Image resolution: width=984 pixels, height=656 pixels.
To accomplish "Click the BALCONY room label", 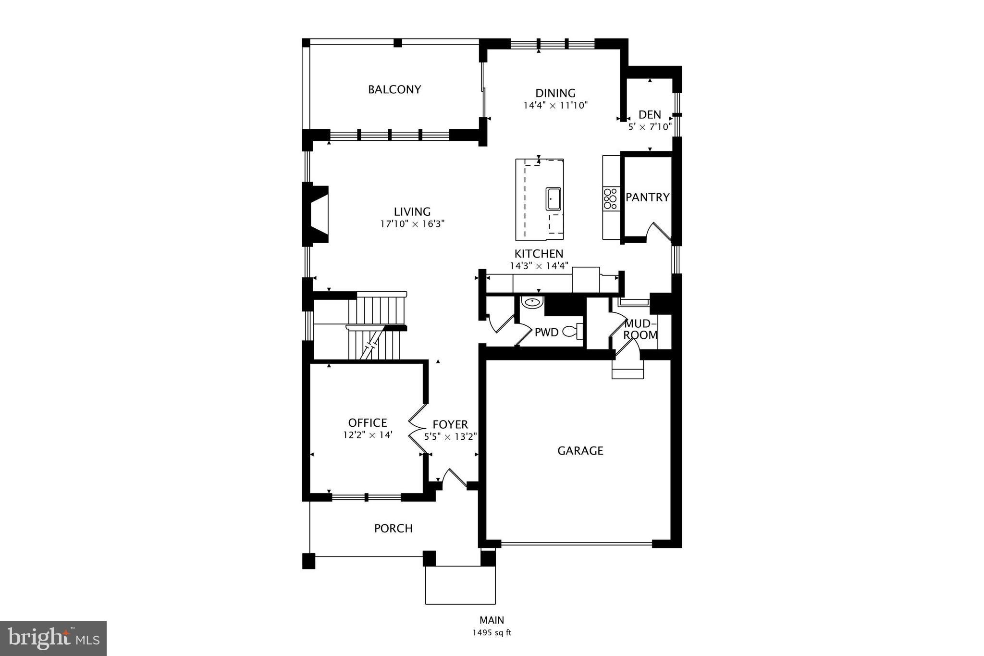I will tap(394, 89).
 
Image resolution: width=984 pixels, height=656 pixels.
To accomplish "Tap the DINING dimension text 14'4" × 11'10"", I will tap(555, 105).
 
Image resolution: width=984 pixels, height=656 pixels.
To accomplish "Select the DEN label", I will tap(650, 115).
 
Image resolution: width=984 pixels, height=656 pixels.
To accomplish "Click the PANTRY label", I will tap(647, 197).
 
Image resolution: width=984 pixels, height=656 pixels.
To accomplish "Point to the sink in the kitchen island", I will tap(553, 198).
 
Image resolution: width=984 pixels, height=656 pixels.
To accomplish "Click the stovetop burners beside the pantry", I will tap(610, 198).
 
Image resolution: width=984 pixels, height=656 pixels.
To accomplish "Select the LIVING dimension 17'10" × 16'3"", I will tap(412, 223).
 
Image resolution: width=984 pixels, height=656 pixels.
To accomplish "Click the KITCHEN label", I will tap(539, 254).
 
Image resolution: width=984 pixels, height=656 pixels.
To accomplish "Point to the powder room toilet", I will tap(572, 331).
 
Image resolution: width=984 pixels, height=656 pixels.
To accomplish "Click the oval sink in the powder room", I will tap(532, 303).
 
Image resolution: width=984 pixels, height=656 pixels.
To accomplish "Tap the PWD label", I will tap(546, 332).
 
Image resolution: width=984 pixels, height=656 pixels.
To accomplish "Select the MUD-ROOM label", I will tap(640, 329).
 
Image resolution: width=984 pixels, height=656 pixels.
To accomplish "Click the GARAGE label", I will tap(580, 451).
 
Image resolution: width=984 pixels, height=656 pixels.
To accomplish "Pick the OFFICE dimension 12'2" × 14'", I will tap(368, 435).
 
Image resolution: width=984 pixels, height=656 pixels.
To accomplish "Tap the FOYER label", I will tap(450, 425).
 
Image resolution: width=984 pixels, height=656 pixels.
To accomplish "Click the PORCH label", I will tap(393, 529).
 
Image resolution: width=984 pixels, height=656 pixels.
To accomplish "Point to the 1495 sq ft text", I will tap(492, 632).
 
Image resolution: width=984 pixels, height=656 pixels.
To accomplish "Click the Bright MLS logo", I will tap(53, 638).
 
